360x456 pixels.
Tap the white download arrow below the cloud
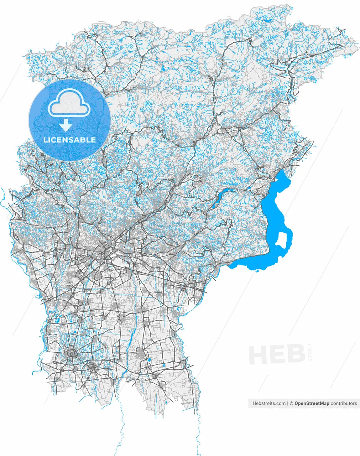click(x=65, y=125)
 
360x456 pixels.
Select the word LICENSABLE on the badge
click(x=69, y=140)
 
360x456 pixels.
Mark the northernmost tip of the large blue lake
click(x=283, y=171)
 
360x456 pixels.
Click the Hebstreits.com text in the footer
click(x=269, y=403)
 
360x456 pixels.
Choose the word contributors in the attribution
click(x=344, y=403)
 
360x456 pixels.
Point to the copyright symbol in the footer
click(x=291, y=403)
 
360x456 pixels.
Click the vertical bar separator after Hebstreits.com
click(x=288, y=403)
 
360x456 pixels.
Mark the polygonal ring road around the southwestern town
click(x=72, y=354)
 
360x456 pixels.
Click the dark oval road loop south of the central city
click(x=98, y=275)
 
